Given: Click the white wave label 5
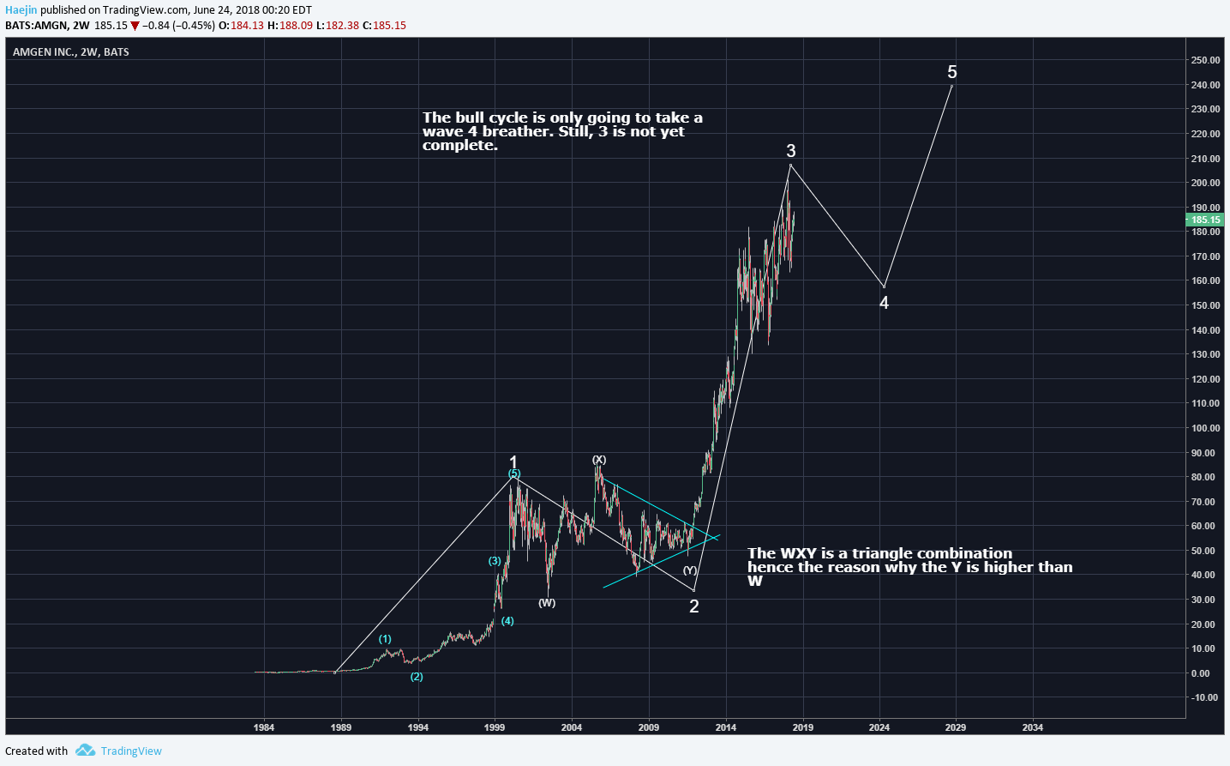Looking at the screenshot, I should click(951, 72).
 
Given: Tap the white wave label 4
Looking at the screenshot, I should click(884, 303).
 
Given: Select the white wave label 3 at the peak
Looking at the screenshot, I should click(790, 151).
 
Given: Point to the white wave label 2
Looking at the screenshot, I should click(694, 606).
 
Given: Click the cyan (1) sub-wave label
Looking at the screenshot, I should click(385, 639).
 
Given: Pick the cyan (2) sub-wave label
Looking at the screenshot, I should click(417, 677).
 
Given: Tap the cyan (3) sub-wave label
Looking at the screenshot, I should click(495, 561).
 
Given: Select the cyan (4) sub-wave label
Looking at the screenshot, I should click(507, 621).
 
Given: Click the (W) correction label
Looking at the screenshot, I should click(547, 603).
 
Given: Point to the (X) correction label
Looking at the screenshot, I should click(599, 460).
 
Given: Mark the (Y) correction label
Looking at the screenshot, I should click(690, 570).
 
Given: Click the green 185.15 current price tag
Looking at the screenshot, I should click(1205, 220).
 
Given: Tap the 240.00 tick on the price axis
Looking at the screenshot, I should click(1205, 85).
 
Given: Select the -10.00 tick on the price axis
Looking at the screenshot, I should click(1204, 697).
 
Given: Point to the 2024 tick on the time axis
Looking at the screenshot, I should click(879, 727).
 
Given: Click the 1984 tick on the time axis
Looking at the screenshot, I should click(264, 727).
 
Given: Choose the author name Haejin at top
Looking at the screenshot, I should click(21, 10).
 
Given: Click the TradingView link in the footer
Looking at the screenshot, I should click(130, 751).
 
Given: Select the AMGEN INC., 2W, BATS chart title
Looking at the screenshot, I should click(71, 52).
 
